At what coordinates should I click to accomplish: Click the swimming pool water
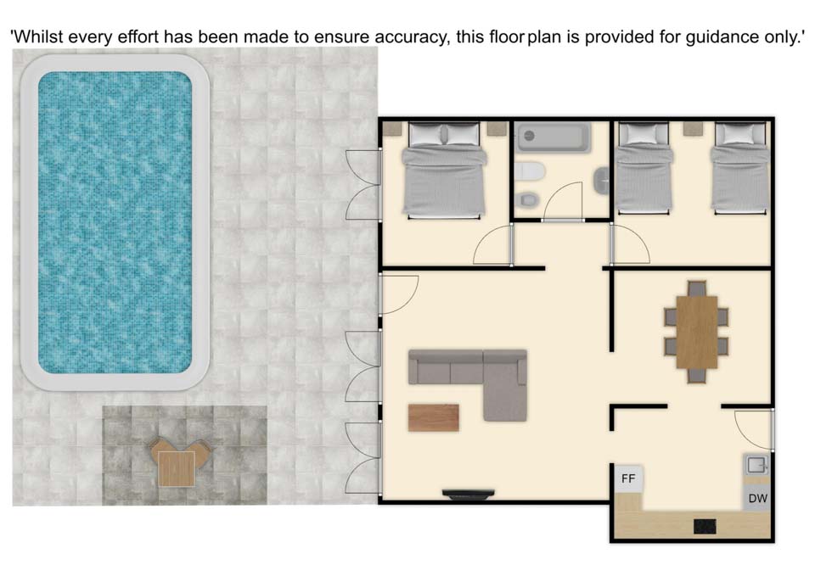coord(115,222)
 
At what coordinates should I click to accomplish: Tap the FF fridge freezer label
coord(628,478)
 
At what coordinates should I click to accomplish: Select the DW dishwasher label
coord(757,499)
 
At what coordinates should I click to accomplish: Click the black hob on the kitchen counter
coord(705,526)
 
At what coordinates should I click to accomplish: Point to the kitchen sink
coord(756,465)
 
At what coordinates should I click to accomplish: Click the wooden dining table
coord(696,332)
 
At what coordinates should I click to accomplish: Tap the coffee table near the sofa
coord(434,418)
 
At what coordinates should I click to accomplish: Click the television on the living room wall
coord(469,494)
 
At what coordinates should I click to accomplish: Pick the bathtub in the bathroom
coord(554,137)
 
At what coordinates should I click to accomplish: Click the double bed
coord(444,171)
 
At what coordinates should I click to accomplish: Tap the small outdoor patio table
coord(177,468)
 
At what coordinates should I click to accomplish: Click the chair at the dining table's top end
coord(696,288)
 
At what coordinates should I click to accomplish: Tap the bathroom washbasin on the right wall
coord(601,181)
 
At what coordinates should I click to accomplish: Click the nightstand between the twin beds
coord(691,128)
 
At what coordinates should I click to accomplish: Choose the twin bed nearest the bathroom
coord(644,168)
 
